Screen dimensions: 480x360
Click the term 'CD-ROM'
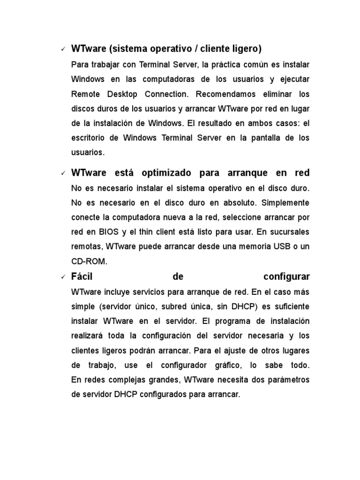[x=90, y=262]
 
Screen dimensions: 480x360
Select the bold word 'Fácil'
[x=82, y=277]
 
